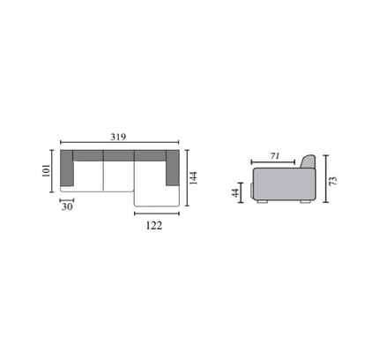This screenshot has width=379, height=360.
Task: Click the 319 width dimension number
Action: [x=118, y=137]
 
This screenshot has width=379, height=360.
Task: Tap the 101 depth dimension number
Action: [x=47, y=170]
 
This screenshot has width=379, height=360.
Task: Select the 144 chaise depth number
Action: [x=193, y=178]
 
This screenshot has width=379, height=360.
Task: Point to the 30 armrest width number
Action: [x=67, y=206]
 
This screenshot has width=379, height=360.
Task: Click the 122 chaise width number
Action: [x=154, y=226]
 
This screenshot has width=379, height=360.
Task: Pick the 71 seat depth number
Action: [x=275, y=156]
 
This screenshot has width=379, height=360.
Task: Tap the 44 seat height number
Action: [x=235, y=193]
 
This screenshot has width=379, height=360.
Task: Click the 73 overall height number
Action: [x=333, y=181]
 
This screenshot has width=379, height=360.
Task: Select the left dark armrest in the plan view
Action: [x=67, y=169]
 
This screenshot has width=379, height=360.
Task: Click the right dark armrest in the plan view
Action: [x=173, y=169]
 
